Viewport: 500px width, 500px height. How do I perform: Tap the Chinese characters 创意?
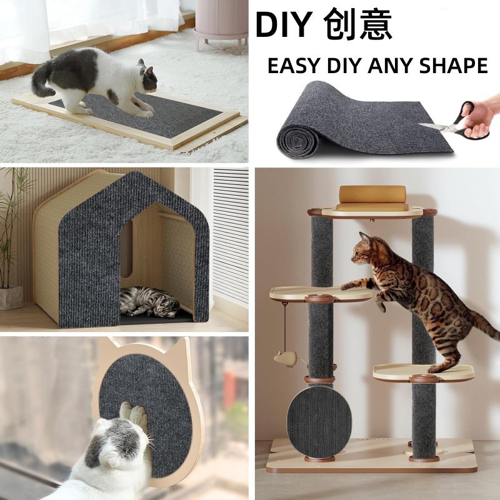coord(358,25)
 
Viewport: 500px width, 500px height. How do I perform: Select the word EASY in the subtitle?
coord(294,66)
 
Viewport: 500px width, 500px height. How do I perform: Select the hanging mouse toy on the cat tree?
coord(284,358)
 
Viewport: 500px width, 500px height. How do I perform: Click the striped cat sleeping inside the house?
coord(149,301)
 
